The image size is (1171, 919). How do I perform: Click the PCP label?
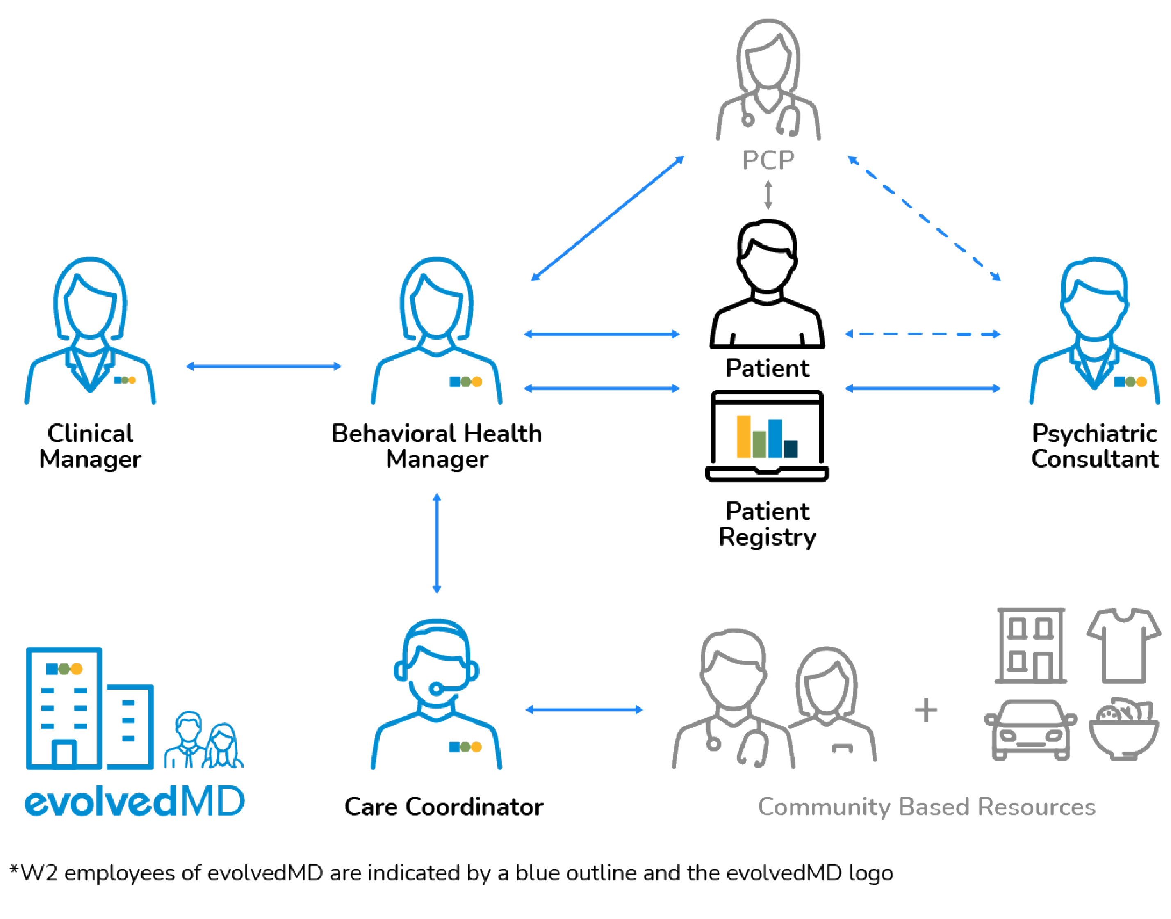pyautogui.click(x=768, y=160)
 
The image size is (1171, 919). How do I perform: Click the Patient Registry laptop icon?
pyautogui.click(x=767, y=436)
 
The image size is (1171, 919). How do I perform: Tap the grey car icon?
pyautogui.click(x=1030, y=729)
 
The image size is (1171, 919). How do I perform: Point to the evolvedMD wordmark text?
pyautogui.click(x=134, y=802)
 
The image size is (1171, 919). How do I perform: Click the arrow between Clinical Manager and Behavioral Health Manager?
pyautogui.click(x=264, y=366)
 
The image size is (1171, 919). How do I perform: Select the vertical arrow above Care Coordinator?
pyautogui.click(x=437, y=544)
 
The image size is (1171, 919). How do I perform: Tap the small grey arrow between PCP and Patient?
pyautogui.click(x=768, y=195)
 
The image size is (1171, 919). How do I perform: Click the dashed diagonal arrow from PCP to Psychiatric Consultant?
pyautogui.click(x=924, y=218)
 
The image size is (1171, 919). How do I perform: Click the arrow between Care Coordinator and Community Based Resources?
pyautogui.click(x=584, y=710)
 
